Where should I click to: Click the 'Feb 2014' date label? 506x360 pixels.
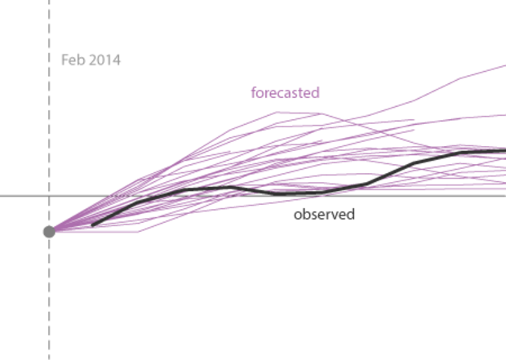click(x=91, y=60)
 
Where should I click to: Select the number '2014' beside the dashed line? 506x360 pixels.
click(x=104, y=60)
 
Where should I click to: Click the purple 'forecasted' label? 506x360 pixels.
click(x=285, y=92)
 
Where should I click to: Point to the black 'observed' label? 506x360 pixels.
click(x=324, y=215)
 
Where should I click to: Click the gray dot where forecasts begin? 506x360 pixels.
click(x=49, y=231)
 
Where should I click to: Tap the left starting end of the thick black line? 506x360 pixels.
click(x=92, y=225)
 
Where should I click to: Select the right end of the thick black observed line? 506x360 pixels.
click(x=504, y=150)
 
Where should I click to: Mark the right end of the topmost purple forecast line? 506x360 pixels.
click(x=504, y=65)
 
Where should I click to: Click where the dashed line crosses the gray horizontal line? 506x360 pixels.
click(x=49, y=196)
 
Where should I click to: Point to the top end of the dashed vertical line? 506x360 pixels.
click(x=49, y=2)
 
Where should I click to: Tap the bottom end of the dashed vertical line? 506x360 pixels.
click(x=49, y=358)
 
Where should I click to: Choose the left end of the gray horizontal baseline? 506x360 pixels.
click(x=2, y=196)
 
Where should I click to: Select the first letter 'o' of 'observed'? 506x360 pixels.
click(x=298, y=216)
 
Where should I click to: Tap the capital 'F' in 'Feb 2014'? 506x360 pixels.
click(x=65, y=60)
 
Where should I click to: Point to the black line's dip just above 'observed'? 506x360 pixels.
click(x=282, y=193)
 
